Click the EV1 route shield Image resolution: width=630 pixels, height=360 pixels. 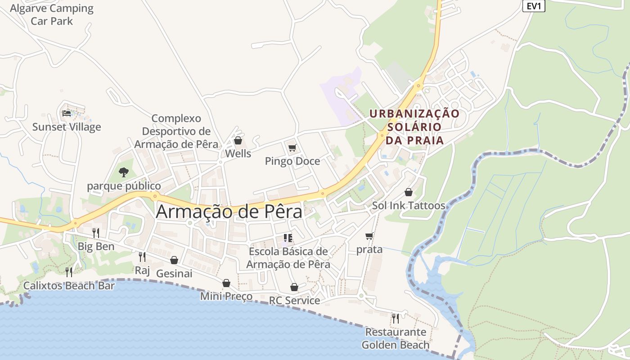tap(534, 6)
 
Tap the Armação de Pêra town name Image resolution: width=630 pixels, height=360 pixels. tap(229, 212)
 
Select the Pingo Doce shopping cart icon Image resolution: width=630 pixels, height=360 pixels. tap(292, 148)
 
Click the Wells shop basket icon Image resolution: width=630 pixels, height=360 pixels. tap(238, 141)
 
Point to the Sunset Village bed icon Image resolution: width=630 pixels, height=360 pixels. tap(67, 113)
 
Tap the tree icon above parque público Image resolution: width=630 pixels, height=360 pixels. tap(123, 172)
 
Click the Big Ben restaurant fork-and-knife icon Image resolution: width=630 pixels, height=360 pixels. tap(96, 233)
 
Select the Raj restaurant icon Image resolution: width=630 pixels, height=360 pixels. tap(142, 256)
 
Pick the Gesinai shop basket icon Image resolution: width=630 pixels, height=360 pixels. tap(174, 260)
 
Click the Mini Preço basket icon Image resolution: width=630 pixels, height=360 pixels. tap(226, 283)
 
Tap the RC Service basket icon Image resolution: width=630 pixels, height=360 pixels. tap(294, 287)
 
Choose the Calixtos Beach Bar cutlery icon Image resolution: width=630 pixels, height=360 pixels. tap(69, 272)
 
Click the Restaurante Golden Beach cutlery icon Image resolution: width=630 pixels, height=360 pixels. tap(395, 318)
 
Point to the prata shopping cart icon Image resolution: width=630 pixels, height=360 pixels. tap(369, 236)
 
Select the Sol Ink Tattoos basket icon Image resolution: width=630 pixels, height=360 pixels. tap(408, 192)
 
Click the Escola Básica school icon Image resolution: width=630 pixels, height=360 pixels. tap(288, 238)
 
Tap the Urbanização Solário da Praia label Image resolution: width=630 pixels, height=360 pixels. tap(414, 127)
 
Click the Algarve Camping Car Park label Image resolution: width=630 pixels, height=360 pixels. tap(52, 14)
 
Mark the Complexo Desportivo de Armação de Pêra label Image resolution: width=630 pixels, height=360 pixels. tap(176, 131)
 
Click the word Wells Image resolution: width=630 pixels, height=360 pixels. tap(238, 153)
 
